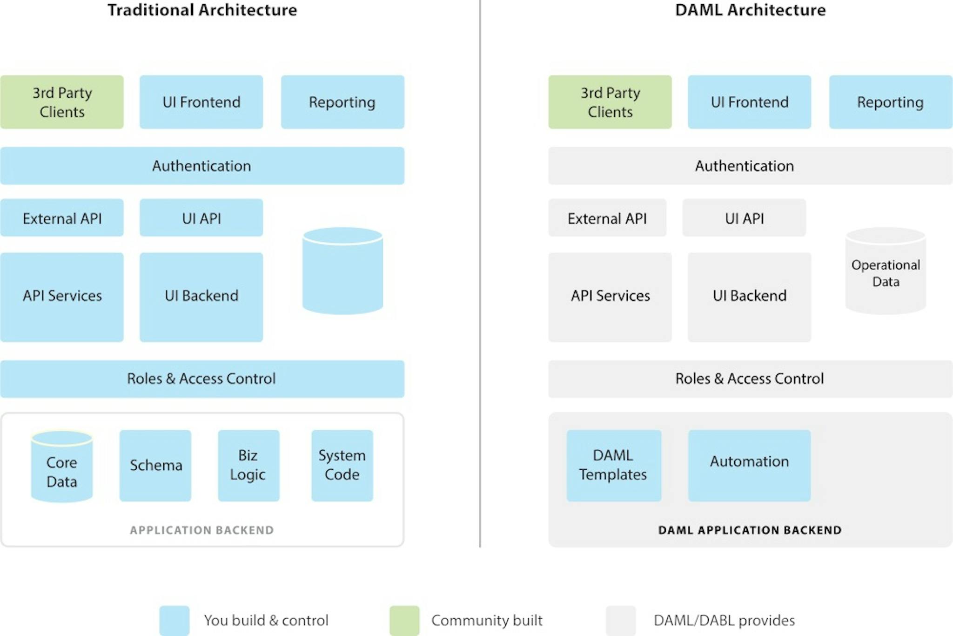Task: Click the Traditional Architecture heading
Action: point(202,10)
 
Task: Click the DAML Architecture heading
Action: point(750,10)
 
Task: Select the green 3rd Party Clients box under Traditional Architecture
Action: point(62,102)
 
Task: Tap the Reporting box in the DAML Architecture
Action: point(890,102)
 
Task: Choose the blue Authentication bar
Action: point(202,166)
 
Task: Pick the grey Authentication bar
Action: point(750,166)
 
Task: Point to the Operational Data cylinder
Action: point(886,272)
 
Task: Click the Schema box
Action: point(155,465)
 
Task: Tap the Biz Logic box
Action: point(248,465)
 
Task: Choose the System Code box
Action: point(342,465)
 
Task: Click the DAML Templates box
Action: point(613,465)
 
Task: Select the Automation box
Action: point(749,465)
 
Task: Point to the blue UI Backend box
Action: point(201,297)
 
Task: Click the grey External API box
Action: point(607,218)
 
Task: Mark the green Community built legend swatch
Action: point(404,620)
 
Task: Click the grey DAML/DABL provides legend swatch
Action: point(620,620)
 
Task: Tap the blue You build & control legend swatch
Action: point(174,620)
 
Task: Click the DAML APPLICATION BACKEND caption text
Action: point(750,530)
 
